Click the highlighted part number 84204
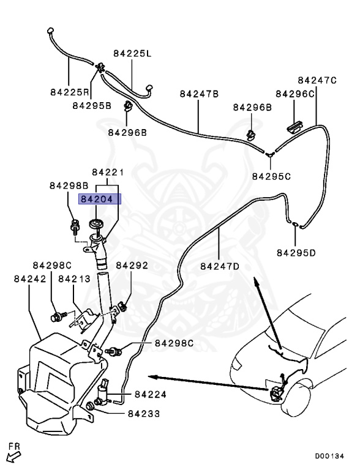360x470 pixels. click(97, 199)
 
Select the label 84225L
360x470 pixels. click(132, 54)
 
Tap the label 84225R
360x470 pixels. click(70, 92)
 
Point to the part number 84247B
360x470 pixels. click(199, 94)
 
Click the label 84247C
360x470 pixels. click(317, 80)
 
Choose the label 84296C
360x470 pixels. click(295, 94)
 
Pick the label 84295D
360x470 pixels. click(296, 253)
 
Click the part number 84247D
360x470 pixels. click(220, 266)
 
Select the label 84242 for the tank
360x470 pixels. click(30, 279)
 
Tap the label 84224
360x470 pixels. click(151, 395)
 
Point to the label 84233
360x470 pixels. click(144, 414)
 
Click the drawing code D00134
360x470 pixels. click(329, 456)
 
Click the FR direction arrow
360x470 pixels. click(14, 457)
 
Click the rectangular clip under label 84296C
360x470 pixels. click(294, 126)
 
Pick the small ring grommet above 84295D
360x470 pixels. click(295, 224)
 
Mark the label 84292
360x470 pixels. click(132, 266)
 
